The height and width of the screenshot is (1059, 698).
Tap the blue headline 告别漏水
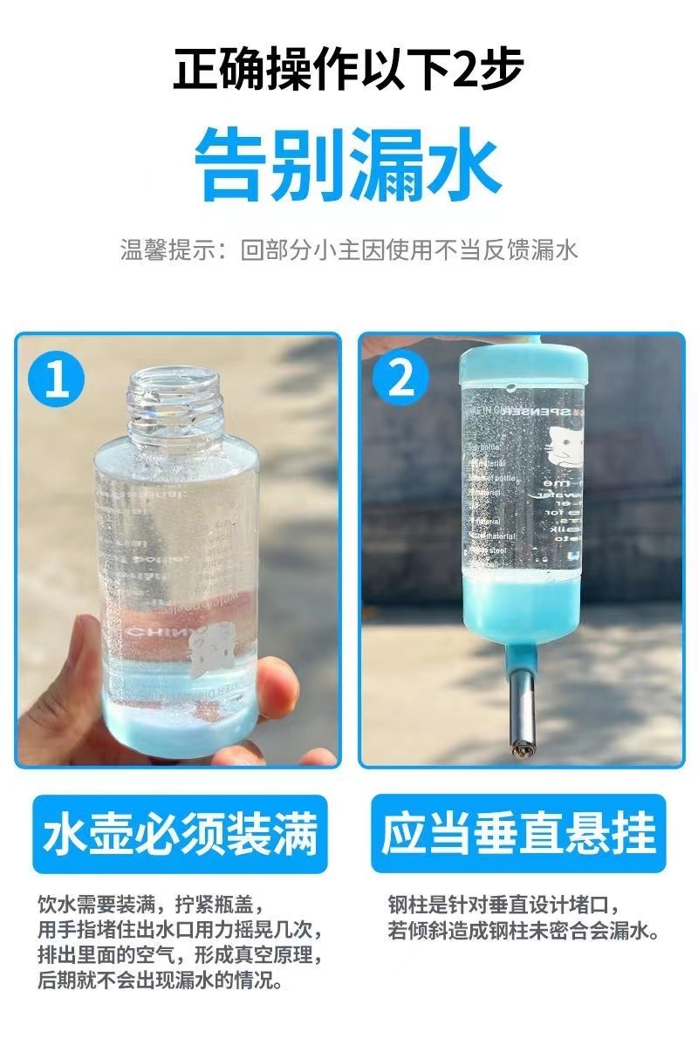pyautogui.click(x=348, y=164)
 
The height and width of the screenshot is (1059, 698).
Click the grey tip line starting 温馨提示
pyautogui.click(x=348, y=250)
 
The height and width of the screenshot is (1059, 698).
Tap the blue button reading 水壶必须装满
pyautogui.click(x=180, y=833)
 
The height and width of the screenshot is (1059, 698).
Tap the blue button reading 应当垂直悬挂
pyautogui.click(x=518, y=833)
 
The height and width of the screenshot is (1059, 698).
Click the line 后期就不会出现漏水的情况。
pyautogui.click(x=161, y=982)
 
